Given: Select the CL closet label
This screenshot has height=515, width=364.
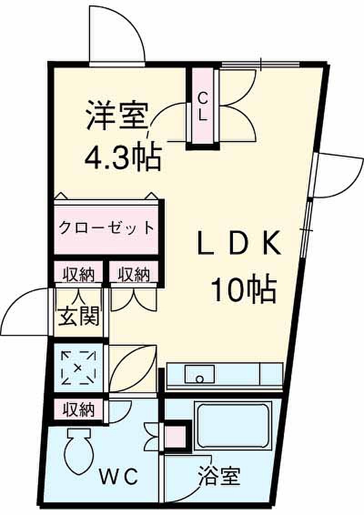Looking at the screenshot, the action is tap(203, 106).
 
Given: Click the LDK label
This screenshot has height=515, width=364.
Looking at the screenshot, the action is tap(239, 243).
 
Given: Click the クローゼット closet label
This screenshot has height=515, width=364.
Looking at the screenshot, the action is tap(106, 227).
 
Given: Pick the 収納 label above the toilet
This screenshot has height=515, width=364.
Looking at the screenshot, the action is tap(79, 409).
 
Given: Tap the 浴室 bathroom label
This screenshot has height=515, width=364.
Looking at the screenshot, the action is tap(219, 476).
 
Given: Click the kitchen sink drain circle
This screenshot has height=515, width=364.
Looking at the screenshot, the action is tap(199, 379).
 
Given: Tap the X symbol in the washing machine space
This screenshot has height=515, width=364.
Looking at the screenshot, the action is tap(78, 368).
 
